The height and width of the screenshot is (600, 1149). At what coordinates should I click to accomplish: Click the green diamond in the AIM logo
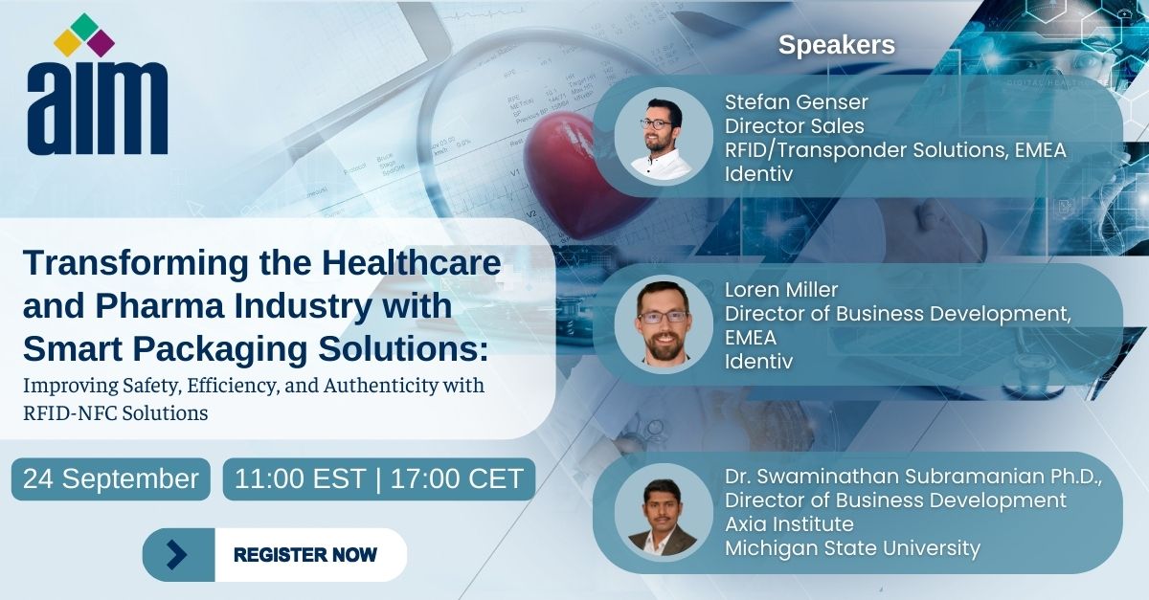[84, 27]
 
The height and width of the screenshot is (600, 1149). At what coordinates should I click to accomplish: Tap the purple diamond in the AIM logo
[101, 44]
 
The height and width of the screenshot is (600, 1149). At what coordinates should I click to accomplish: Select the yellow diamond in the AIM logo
[68, 44]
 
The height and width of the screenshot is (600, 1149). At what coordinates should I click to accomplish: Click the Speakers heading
[837, 45]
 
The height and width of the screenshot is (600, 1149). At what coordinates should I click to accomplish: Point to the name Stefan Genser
[796, 102]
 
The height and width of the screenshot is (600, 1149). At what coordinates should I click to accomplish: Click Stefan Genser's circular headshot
[664, 137]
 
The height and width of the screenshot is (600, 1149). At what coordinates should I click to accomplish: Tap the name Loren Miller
[781, 290]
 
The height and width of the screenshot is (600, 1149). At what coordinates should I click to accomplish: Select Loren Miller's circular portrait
[664, 324]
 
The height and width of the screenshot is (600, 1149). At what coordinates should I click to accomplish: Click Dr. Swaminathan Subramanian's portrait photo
[664, 512]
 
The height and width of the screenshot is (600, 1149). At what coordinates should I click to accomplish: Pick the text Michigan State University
[852, 548]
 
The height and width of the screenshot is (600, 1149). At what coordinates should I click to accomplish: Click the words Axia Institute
[789, 524]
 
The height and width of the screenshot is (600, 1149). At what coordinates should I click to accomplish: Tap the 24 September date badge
[111, 479]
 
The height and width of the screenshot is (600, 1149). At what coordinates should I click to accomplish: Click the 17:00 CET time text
[457, 479]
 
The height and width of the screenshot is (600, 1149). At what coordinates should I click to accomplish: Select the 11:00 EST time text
[300, 479]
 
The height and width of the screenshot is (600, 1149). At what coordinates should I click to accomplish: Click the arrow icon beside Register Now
[177, 555]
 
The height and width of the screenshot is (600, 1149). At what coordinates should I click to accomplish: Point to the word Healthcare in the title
[412, 263]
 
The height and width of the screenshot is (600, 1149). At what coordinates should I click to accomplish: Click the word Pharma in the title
[160, 306]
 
